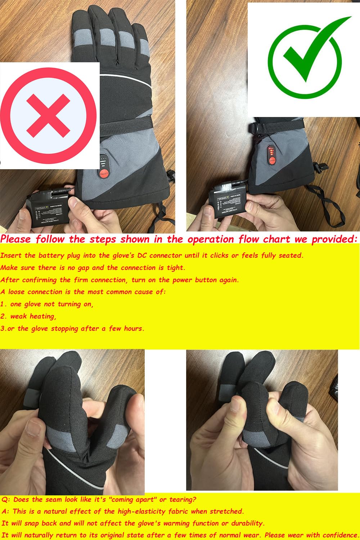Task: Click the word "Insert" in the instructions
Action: (x=11, y=256)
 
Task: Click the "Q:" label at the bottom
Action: (x=6, y=500)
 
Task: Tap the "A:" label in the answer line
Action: (x=5, y=512)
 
